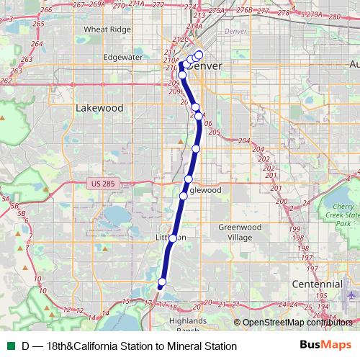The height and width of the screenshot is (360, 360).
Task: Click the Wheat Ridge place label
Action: pos(107,30)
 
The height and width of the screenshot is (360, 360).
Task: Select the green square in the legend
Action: pos(9,346)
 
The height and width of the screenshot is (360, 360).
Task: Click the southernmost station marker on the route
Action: pos(162,282)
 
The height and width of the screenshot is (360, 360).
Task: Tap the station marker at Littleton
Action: pos(173,238)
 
